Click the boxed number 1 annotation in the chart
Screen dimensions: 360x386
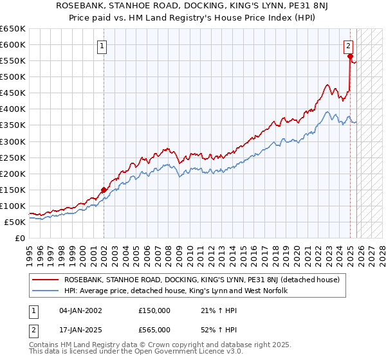(103, 46)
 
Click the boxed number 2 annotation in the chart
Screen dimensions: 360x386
(348, 46)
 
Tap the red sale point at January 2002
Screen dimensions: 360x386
(104, 190)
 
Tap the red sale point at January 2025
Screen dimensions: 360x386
(350, 57)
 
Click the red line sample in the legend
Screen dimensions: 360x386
(46, 280)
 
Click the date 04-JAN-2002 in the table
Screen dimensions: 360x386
(80, 310)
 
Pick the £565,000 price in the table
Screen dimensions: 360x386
(154, 329)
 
